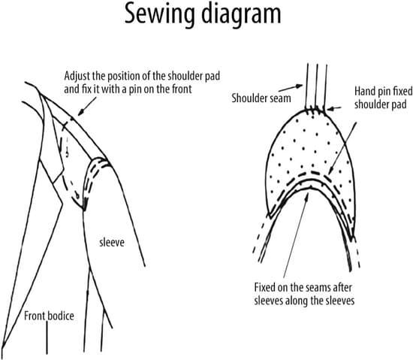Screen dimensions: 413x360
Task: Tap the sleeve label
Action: [112, 243]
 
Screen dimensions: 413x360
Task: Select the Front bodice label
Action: [49, 316]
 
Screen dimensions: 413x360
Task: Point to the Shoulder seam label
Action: [261, 98]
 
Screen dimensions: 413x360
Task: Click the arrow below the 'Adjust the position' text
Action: [87, 106]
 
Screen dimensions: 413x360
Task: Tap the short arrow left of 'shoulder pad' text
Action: [334, 107]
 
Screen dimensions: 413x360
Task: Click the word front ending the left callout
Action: [181, 89]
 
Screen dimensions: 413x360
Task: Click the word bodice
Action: [61, 316]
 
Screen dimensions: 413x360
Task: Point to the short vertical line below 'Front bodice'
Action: [47, 337]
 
